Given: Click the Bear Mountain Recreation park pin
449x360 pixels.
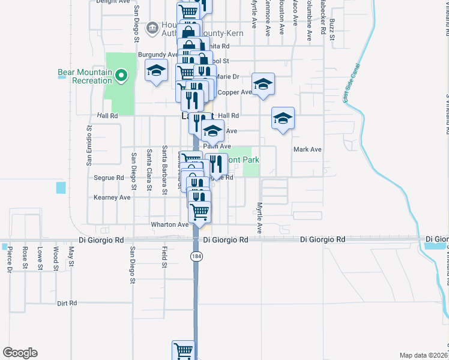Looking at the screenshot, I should point(121,76).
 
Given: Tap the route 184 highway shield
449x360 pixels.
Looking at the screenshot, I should point(196,256).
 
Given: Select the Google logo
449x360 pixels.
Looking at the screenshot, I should point(20,353).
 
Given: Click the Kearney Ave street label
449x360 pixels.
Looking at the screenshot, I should point(112,197).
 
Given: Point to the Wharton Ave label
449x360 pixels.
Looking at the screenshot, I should point(170,224).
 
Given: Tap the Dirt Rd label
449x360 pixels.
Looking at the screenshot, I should point(67,304).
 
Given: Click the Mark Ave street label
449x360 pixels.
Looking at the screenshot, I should point(307,149).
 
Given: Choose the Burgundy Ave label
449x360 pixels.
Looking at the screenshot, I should point(158,55).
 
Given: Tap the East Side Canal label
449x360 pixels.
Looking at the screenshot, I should point(352,83).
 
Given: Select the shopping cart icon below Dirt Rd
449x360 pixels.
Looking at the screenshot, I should point(183,350).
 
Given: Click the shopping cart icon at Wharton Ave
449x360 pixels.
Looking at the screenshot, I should point(199,211).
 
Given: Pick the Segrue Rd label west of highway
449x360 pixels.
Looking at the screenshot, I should point(109,178).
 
